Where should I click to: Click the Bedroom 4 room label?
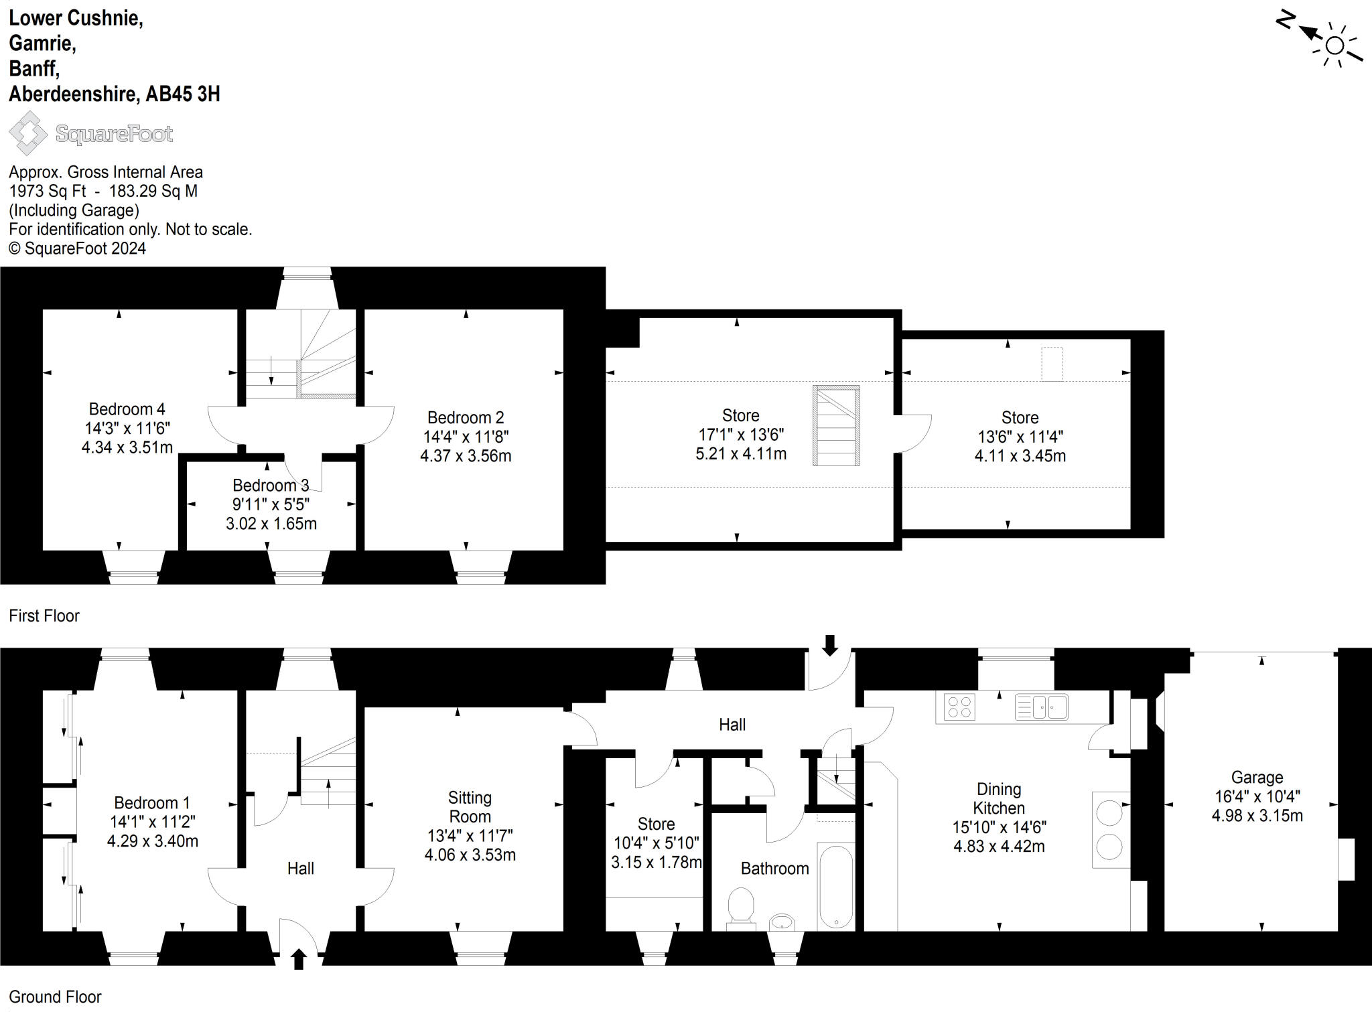[127, 409]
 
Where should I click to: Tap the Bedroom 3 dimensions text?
[271, 514]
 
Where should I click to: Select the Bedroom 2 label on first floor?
[466, 418]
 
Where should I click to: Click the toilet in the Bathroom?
[740, 906]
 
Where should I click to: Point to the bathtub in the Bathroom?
[836, 887]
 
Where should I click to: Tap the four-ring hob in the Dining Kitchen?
[959, 707]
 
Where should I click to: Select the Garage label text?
[1257, 778]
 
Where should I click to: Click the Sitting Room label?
[470, 807]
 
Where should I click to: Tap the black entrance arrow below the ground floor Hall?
[299, 959]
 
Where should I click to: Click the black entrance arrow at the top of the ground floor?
[829, 645]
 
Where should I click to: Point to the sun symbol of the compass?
[1334, 46]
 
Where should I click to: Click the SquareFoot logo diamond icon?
[28, 133]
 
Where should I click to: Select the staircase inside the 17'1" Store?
[836, 426]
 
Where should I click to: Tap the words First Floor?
[44, 616]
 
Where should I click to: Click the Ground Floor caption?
[55, 997]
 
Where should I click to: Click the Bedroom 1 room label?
[152, 802]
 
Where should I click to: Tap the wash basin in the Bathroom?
[781, 922]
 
